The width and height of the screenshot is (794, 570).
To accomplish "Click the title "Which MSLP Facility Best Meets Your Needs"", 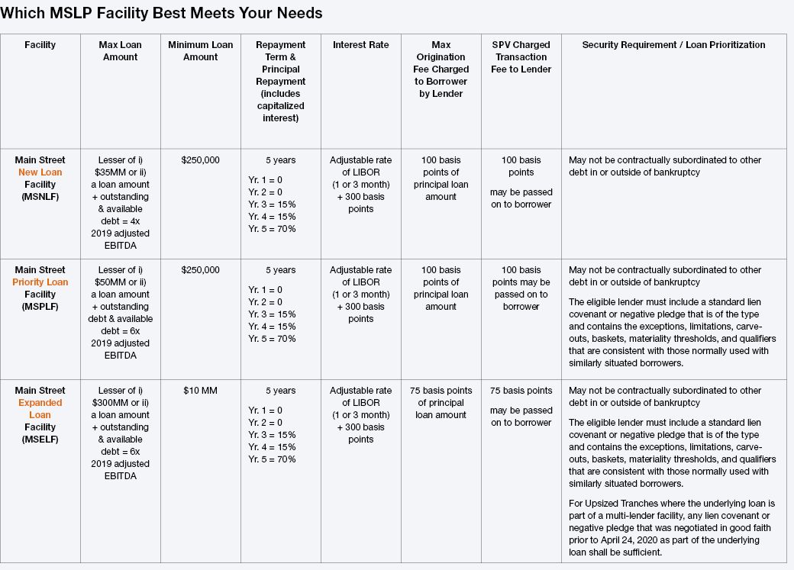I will click(162, 13).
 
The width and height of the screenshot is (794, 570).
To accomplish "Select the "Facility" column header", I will click(40, 45).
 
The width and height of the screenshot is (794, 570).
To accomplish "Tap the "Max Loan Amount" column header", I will click(120, 51).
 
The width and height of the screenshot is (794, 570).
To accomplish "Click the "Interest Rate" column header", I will click(360, 45).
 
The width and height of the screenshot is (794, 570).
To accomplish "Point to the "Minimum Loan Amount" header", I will click(201, 51).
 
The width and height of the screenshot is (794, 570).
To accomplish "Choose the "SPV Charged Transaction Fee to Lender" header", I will click(521, 57).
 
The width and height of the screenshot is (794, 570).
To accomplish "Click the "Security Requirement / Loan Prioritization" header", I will click(673, 45).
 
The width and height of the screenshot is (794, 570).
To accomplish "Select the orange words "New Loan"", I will click(40, 172).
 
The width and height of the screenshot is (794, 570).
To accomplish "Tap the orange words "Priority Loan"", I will click(40, 282).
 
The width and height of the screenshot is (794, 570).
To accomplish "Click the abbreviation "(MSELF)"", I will click(40, 440).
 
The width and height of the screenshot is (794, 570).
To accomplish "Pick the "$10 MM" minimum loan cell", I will click(201, 391).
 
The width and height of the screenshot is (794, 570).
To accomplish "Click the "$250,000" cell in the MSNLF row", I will click(201, 160).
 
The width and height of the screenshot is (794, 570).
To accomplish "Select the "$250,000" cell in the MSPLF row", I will click(201, 270).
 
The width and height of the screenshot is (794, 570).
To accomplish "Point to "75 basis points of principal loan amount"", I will click(441, 403).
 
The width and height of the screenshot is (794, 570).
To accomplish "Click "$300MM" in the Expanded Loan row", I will click(116, 403).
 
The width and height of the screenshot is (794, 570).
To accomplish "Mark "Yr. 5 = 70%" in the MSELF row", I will click(272, 459).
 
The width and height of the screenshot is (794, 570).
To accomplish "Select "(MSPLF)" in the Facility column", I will click(40, 307).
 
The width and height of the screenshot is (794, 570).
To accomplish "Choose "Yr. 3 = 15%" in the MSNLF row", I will click(272, 204).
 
